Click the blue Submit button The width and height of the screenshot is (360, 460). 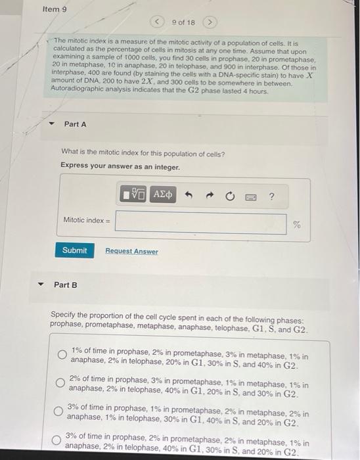[74, 250]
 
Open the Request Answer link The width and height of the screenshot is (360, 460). [131, 251]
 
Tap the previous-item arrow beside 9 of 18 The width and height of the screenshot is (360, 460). [158, 22]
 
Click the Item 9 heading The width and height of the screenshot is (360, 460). [55, 10]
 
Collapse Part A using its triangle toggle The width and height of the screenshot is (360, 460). [51, 124]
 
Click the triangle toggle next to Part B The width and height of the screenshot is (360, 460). [41, 285]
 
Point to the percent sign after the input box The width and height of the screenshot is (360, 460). [297, 225]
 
